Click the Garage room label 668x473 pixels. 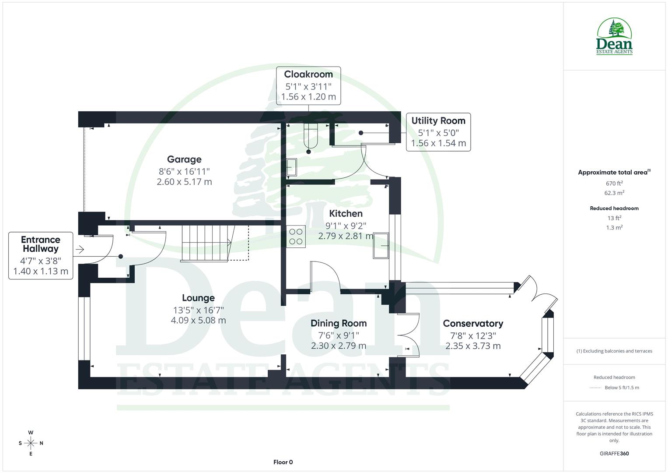click(x=184, y=159)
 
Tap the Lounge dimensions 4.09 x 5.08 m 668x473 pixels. click(x=198, y=320)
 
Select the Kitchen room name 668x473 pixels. click(x=346, y=213)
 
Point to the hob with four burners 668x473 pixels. click(x=296, y=236)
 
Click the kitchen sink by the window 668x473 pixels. click(x=381, y=246)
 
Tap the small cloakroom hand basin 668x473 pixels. click(x=291, y=166)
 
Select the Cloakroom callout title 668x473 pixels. click(x=308, y=74)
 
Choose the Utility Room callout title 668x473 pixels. click(x=438, y=121)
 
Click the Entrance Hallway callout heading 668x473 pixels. click(x=41, y=244)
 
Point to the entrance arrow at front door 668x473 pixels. click(x=80, y=250)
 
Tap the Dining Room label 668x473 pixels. click(x=339, y=323)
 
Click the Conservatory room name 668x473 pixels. click(x=473, y=323)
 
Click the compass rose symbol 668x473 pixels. click(x=31, y=443)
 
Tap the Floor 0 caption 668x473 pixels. click(x=283, y=462)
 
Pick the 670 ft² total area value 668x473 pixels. click(x=614, y=184)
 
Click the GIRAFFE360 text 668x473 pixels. click(x=614, y=454)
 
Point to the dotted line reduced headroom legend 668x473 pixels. click(x=595, y=388)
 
